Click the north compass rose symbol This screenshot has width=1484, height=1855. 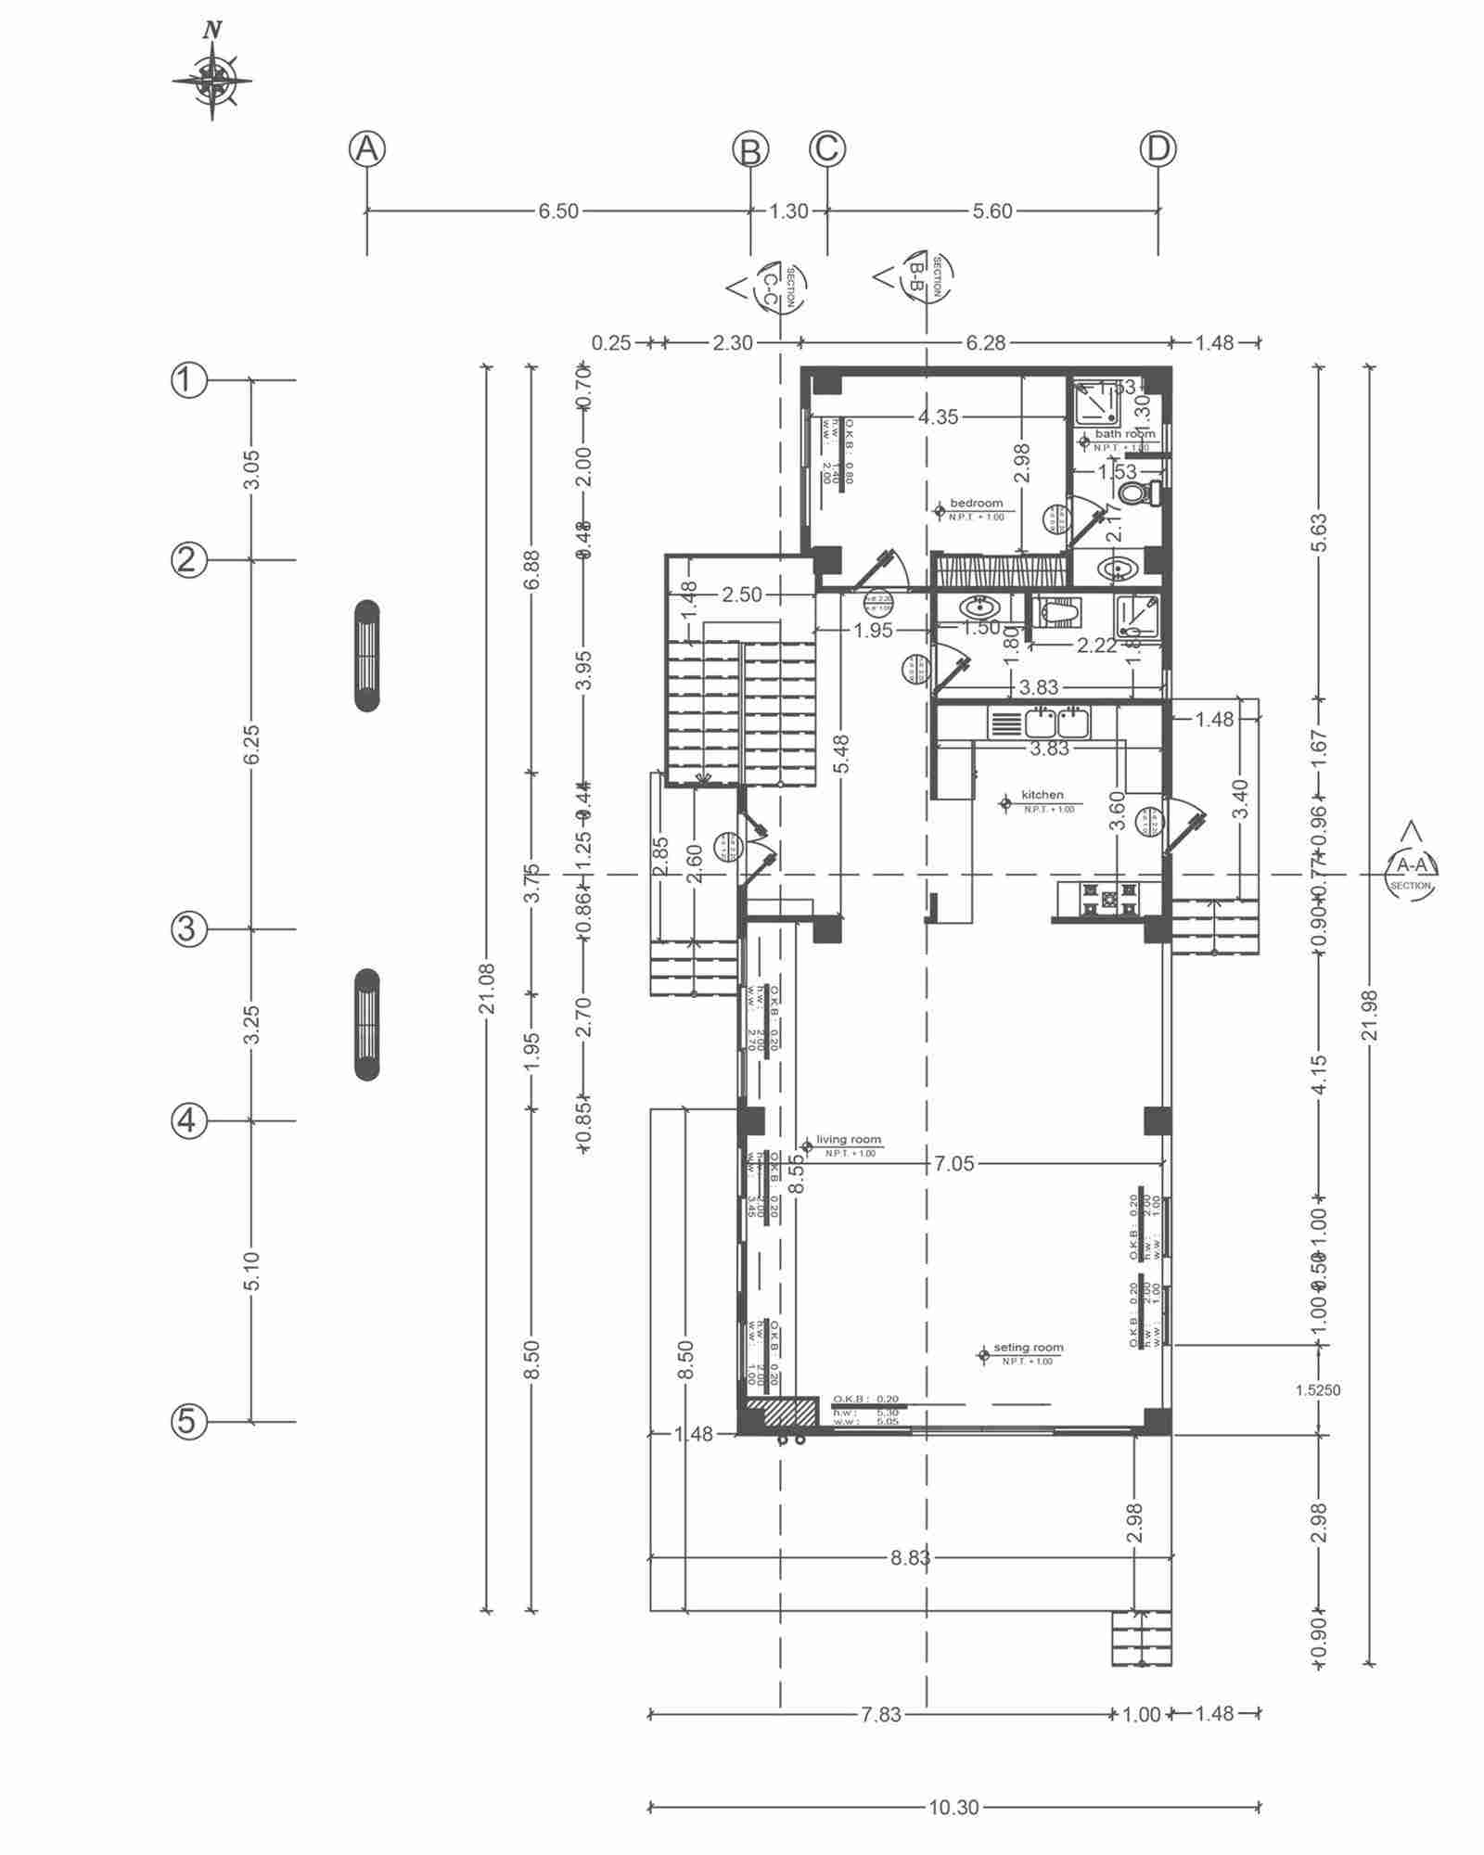[x=212, y=80]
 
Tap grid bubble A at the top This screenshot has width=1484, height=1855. [x=367, y=149]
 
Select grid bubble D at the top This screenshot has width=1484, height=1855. [x=1158, y=149]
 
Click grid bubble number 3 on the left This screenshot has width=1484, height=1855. [x=187, y=928]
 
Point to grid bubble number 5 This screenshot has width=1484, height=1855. [x=187, y=1421]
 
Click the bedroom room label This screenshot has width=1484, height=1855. [x=976, y=504]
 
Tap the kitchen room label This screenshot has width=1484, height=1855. [x=1042, y=795]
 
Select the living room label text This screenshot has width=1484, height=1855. [x=848, y=1140]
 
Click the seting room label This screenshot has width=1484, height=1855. [x=1028, y=1348]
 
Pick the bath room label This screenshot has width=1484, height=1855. [x=1124, y=433]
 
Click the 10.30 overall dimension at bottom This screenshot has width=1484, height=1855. [x=953, y=1808]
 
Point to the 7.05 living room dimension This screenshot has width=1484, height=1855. [x=954, y=1164]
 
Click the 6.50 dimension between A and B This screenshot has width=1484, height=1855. [x=558, y=211]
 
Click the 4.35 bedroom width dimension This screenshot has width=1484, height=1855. [x=938, y=417]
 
